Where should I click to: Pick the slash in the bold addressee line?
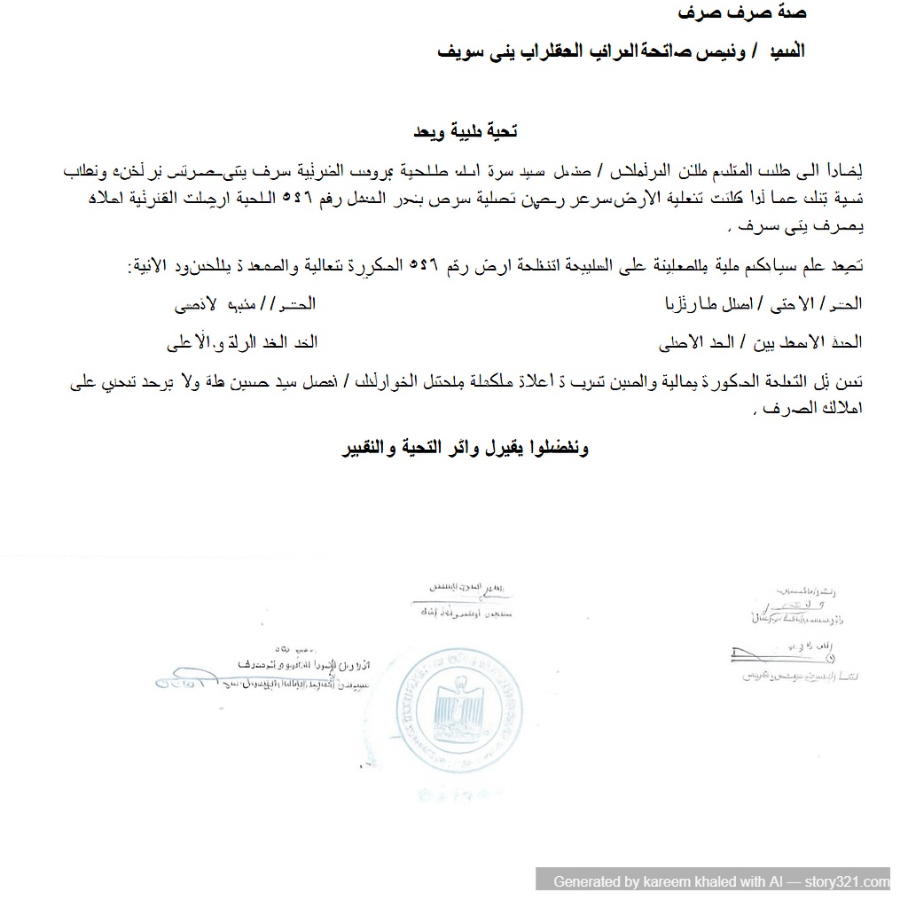pos(744,51)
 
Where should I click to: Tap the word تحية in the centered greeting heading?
pos(498,131)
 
